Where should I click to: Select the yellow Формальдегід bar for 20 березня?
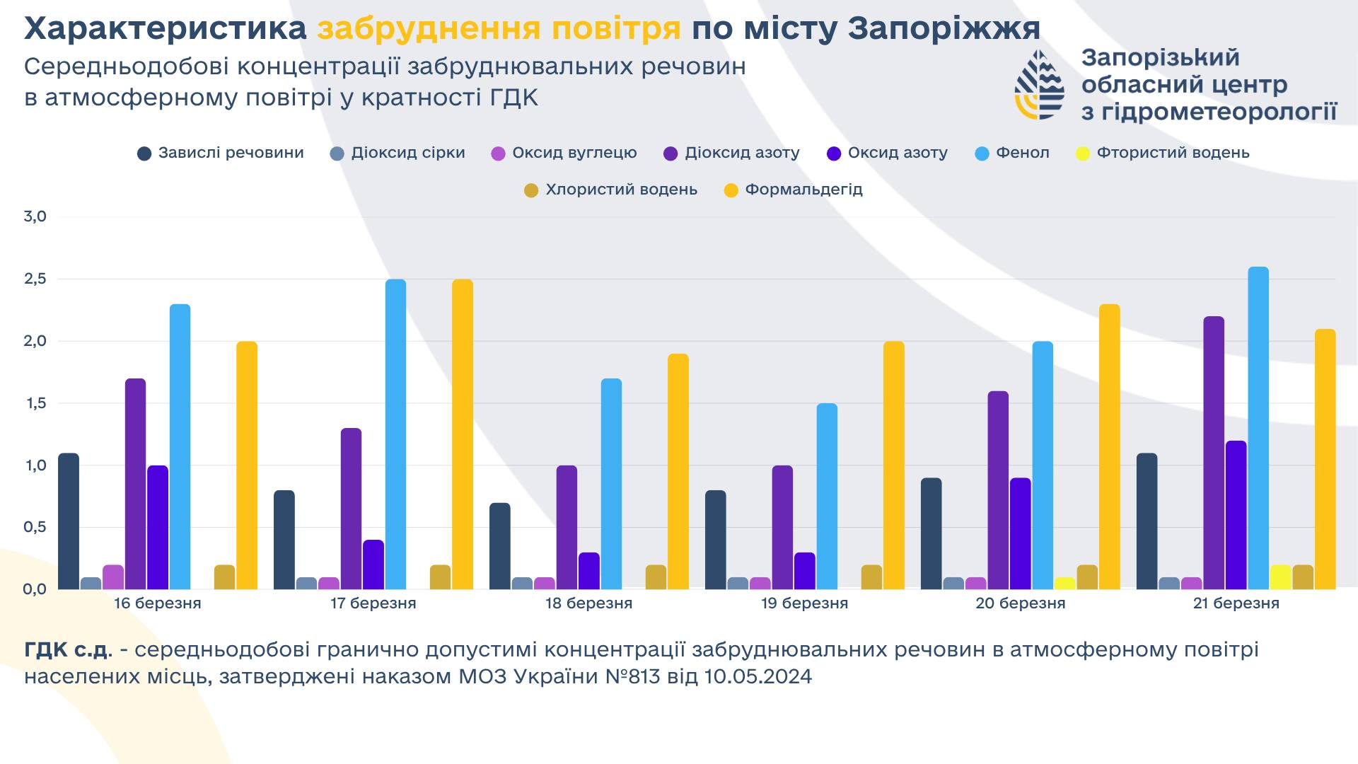(x=1109, y=446)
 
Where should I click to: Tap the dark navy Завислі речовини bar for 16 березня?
(x=69, y=521)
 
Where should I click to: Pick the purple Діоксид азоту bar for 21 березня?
(x=1214, y=453)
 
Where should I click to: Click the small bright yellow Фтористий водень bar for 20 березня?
(x=1064, y=584)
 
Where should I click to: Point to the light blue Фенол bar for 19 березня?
(x=827, y=496)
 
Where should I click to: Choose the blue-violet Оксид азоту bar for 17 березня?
(x=373, y=565)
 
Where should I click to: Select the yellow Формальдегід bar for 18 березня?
(x=678, y=471)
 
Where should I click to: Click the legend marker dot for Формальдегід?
(x=731, y=190)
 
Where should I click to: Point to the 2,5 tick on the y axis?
(x=35, y=279)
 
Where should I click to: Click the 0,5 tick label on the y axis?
(x=35, y=527)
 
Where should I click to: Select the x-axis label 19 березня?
(x=804, y=603)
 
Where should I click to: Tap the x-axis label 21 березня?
(x=1236, y=603)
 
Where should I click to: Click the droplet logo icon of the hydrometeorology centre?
(x=1039, y=84)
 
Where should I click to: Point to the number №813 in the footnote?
(x=632, y=677)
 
